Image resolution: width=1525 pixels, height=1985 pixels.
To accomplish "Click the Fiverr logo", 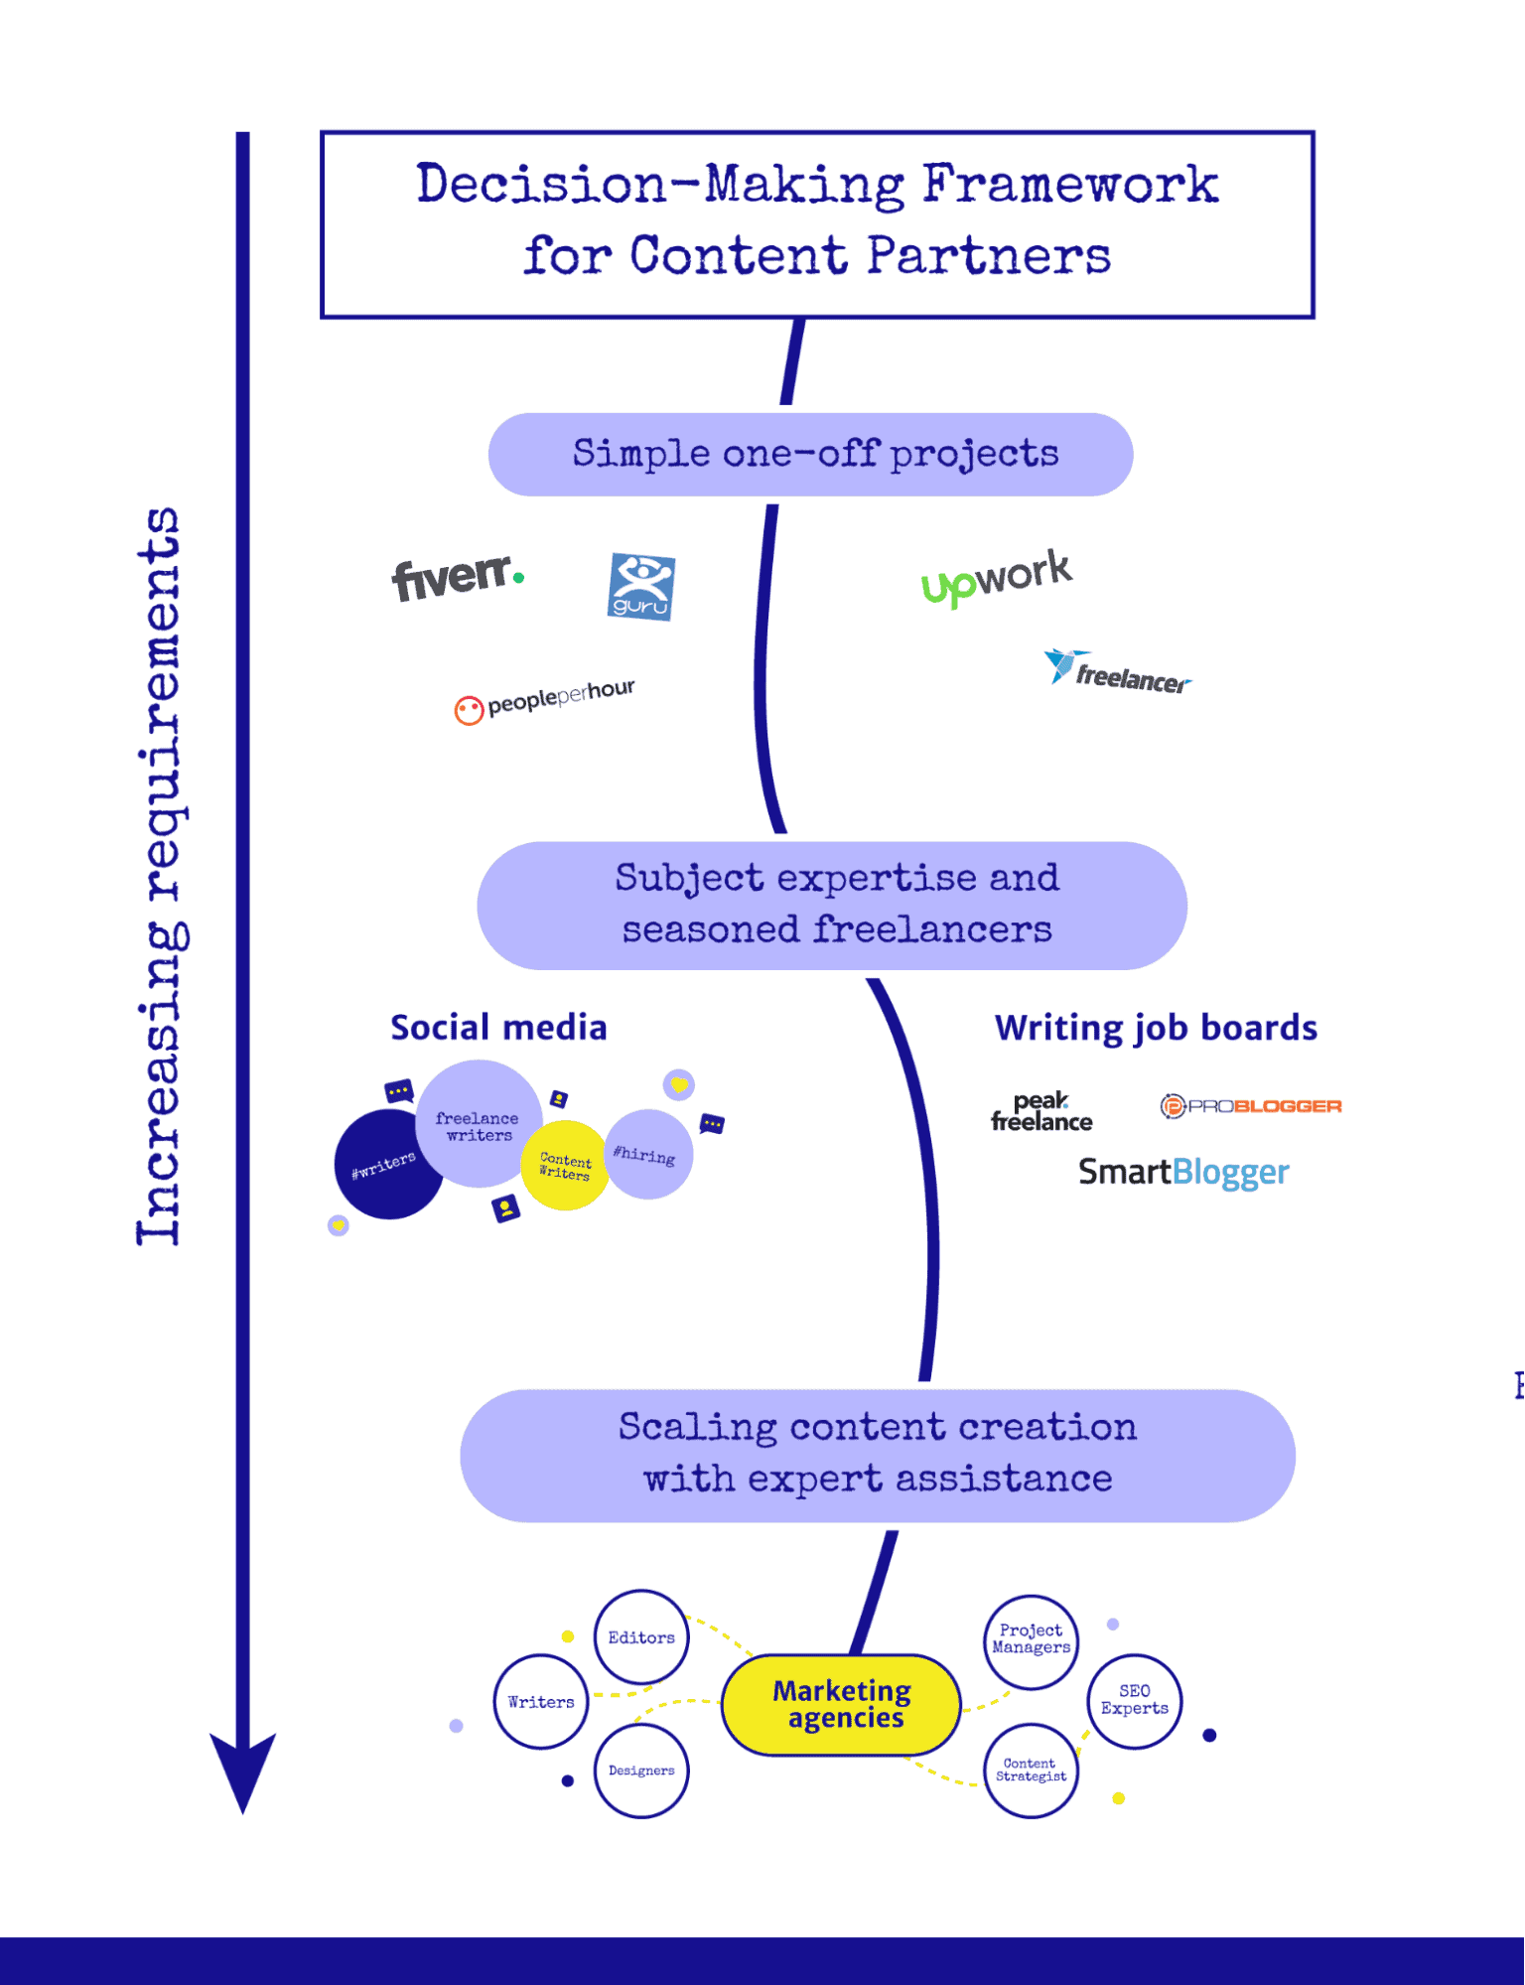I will pos(457,578).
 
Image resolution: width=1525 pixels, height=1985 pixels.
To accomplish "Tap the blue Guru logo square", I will pos(641,587).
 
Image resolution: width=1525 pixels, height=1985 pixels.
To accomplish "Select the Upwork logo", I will pos(996,578).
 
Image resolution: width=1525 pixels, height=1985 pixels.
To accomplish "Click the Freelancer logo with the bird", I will pos(1117,673).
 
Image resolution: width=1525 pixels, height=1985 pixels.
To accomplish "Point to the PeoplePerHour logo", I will pos(544,701).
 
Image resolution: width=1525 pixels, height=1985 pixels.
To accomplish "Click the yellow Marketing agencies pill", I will pos(842,1704).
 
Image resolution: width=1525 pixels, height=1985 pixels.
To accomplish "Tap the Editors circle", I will pos(641,1637).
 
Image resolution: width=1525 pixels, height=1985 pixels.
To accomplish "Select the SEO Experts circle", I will pos(1134,1700).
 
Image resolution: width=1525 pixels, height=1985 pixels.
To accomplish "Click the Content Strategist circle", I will pos(1031,1771).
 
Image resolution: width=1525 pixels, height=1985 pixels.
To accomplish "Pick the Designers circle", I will pos(641,1771).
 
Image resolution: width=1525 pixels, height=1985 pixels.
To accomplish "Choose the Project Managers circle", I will pos(1031,1639).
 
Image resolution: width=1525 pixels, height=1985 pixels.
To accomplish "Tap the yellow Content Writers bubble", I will pos(564,1167).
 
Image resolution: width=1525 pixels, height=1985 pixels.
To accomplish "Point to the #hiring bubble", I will pos(647,1154).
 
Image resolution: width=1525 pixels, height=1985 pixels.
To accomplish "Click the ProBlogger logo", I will pos(1251,1106).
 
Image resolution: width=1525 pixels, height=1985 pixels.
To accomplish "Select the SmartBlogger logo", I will pos(1183,1173).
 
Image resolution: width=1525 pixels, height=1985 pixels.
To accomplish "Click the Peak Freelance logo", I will pos(1040,1112).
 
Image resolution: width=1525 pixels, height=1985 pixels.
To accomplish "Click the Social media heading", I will pos(498,1028).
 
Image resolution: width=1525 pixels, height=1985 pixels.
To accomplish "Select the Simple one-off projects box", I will pos(810,455).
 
